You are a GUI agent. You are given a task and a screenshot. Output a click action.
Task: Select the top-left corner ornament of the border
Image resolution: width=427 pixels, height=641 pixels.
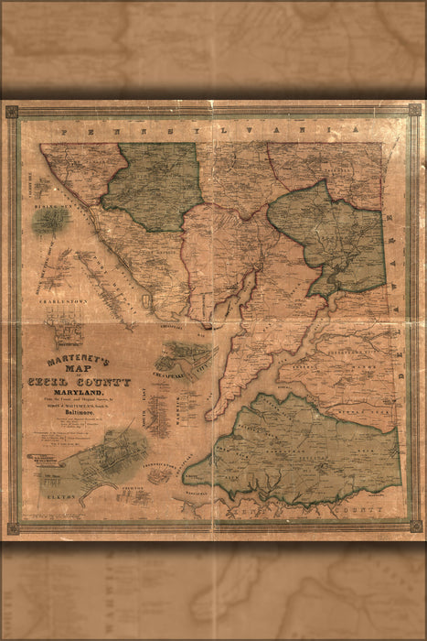12,112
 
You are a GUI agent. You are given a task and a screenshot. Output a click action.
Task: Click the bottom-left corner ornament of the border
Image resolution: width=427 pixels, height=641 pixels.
12,528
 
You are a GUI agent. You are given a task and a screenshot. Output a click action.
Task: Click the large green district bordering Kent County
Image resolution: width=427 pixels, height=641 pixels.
302,449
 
